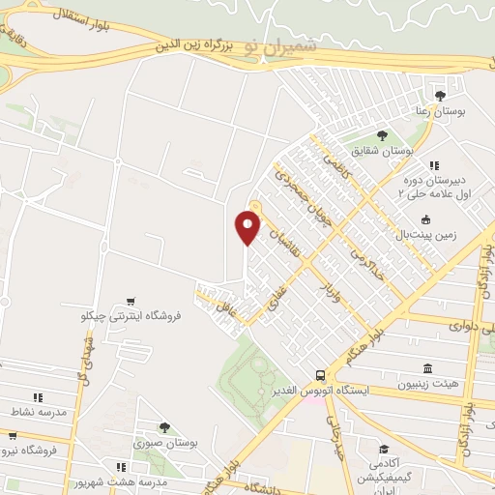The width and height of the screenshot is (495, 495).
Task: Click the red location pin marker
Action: [x=247, y=228]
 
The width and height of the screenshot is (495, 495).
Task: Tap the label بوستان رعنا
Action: [x=440, y=112]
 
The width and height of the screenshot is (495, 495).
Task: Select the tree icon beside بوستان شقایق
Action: [x=382, y=135]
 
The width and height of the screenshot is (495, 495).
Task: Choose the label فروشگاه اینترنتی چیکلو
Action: [x=144, y=315]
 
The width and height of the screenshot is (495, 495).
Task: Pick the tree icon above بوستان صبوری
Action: [x=164, y=427]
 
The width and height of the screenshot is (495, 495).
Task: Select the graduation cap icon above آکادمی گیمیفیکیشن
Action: [x=385, y=450]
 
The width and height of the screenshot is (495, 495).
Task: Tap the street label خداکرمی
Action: [x=366, y=252]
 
